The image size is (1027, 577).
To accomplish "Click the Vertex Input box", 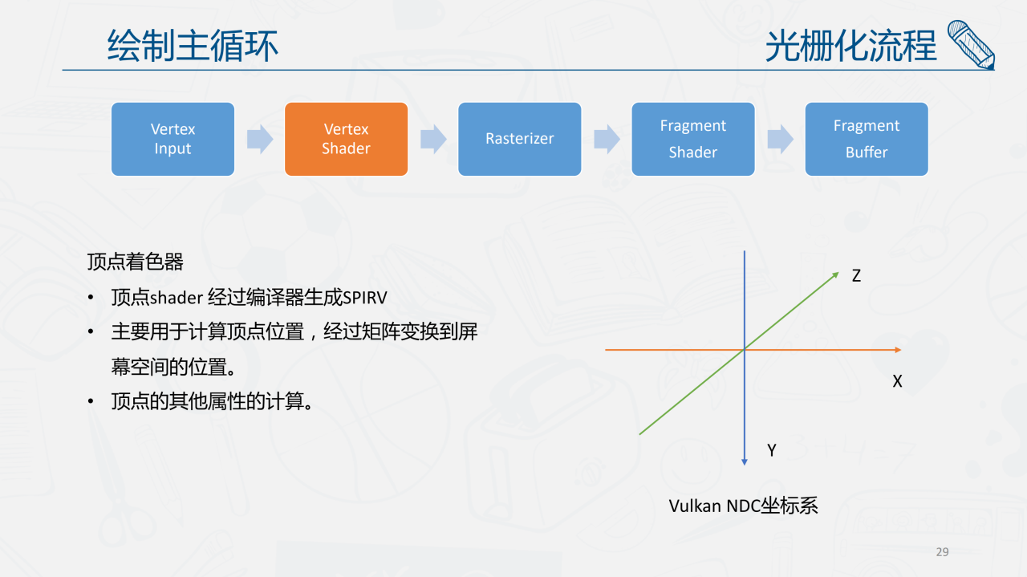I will [x=173, y=139].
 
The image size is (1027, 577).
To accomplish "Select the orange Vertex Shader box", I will [x=346, y=139].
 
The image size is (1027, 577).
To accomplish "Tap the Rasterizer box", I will [x=519, y=139].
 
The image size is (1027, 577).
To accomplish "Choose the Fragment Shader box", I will [x=692, y=139].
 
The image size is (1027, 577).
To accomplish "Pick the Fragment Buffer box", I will [x=866, y=139].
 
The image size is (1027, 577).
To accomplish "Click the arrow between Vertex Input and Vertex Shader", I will [x=260, y=139].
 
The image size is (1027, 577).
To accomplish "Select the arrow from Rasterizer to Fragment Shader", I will [x=607, y=139].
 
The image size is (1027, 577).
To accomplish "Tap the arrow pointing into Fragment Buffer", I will [x=780, y=139].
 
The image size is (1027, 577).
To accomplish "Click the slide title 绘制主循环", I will [x=193, y=46].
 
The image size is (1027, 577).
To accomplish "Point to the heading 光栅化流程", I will [x=850, y=46].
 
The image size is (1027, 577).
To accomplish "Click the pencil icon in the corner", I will [x=972, y=44].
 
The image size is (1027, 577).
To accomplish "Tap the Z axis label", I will [x=856, y=276].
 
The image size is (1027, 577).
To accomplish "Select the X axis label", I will [x=897, y=382].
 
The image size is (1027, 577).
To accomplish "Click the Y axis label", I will [x=772, y=451].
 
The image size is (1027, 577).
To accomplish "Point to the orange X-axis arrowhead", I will [x=897, y=350].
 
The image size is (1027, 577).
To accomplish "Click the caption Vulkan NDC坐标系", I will [x=743, y=506].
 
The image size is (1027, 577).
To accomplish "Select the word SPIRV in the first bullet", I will [x=365, y=299].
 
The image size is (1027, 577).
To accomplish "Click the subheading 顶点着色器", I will [x=136, y=262].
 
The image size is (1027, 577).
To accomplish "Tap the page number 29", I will [x=942, y=552].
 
